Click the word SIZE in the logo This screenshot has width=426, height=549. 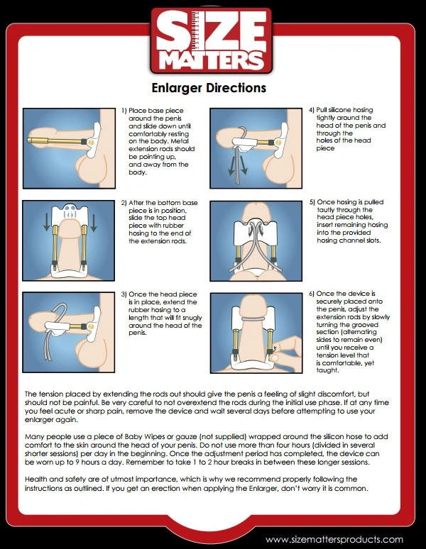(212, 30)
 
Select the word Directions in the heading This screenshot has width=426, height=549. (236, 87)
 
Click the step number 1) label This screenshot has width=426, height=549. (124, 111)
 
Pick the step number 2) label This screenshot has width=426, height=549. (124, 203)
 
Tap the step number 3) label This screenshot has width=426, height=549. (124, 294)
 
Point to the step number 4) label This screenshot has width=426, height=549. (312, 110)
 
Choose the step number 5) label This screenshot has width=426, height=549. (312, 202)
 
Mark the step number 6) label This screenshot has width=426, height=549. (312, 294)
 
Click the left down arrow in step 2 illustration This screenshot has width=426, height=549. (47, 223)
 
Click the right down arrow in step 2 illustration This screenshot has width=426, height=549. (93, 223)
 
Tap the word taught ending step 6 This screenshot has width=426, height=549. (327, 370)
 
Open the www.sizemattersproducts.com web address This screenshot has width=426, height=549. (334, 539)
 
